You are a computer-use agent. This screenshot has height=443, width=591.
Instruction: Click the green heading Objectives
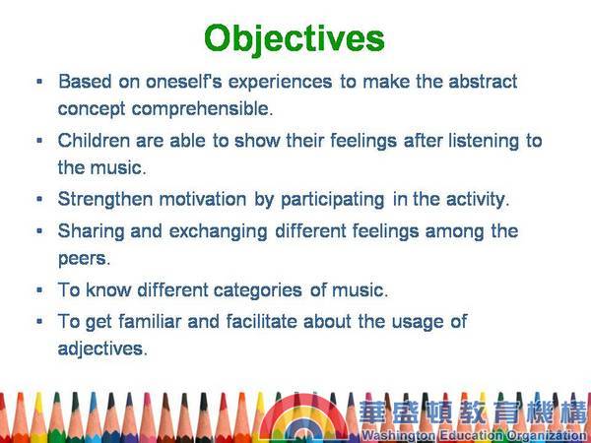coord(295,39)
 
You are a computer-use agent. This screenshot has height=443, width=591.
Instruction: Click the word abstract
coord(483,82)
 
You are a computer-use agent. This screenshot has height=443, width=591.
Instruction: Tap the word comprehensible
coord(202,109)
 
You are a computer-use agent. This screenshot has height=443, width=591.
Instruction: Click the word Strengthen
coord(105,199)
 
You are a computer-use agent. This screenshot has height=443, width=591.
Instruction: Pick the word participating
coord(333,200)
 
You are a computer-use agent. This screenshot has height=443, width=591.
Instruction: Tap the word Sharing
coord(92,231)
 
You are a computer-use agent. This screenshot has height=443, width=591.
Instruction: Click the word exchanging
coord(219,231)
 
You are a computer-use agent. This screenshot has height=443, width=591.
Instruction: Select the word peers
coord(84,259)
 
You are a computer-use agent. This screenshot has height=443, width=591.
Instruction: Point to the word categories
coord(258,290)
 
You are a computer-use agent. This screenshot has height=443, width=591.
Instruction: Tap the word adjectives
coord(102,348)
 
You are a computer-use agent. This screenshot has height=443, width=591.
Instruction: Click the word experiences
coord(280,82)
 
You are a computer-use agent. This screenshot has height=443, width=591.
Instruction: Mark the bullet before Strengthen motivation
coord(39,199)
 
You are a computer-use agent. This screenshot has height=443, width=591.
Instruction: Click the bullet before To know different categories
coord(39,289)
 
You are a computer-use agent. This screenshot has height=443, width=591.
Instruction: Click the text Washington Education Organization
coord(475,435)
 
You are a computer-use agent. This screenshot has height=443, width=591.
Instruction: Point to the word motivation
coord(203,199)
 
